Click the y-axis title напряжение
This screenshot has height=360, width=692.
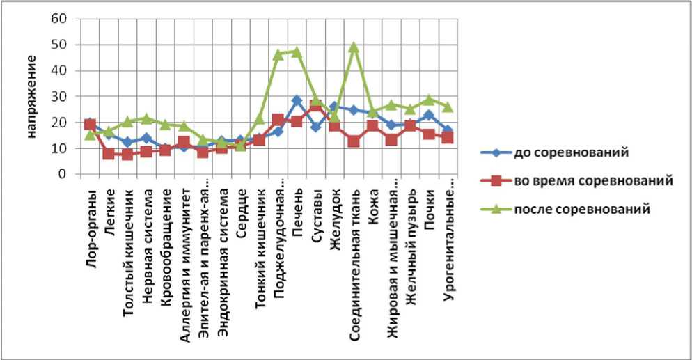[x=32, y=96]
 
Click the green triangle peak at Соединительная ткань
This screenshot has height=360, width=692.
[x=354, y=47]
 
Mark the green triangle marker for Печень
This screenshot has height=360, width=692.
[x=297, y=52]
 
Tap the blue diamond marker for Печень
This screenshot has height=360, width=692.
[x=297, y=101]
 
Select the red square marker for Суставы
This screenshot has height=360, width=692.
[x=316, y=106]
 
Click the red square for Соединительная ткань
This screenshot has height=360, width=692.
[x=354, y=141]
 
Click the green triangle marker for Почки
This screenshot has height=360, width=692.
[x=429, y=100]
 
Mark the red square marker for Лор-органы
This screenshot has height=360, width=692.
[x=90, y=125]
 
